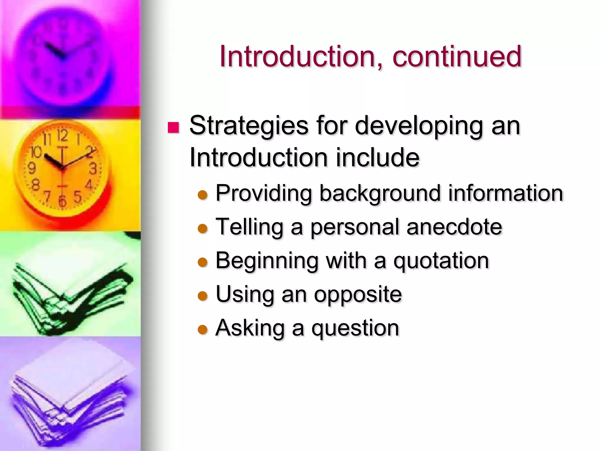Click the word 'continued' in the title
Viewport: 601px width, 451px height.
pyautogui.click(x=457, y=56)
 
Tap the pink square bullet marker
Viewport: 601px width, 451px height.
pyautogui.click(x=173, y=127)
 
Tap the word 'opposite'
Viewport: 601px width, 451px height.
pyautogui.click(x=358, y=295)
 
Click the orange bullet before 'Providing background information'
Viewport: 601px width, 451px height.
pyautogui.click(x=202, y=195)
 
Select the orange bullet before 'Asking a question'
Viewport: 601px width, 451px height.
pyautogui.click(x=202, y=330)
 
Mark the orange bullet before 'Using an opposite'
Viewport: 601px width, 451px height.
pyautogui.click(x=202, y=296)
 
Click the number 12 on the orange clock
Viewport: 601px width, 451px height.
pyautogui.click(x=62, y=136)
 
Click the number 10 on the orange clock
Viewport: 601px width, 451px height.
pyautogui.click(x=36, y=152)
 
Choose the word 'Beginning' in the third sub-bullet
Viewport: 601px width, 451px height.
pyautogui.click(x=267, y=261)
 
